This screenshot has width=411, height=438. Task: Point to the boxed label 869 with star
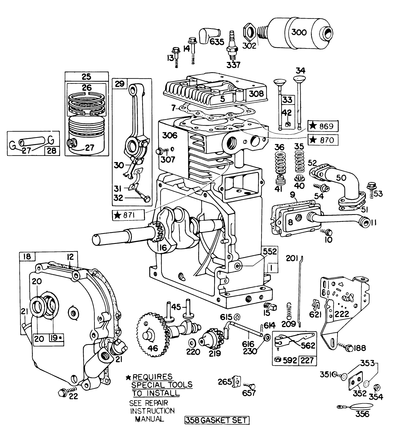point(323,126)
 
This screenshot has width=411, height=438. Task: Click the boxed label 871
point(128,215)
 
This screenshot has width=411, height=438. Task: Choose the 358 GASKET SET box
point(217,420)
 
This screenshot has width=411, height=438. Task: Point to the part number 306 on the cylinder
point(170,135)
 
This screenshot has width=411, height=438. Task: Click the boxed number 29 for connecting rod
point(119,84)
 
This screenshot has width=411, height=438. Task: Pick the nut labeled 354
point(377,387)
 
